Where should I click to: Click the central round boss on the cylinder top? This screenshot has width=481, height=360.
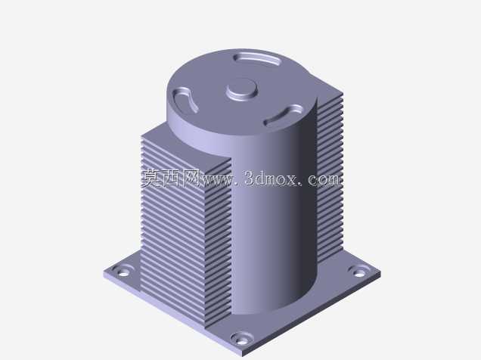[242, 89]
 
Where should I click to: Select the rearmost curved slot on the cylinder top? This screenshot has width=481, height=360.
[258, 58]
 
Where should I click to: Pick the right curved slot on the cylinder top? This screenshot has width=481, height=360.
[284, 115]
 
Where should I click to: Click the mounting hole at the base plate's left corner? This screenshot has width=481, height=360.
[123, 272]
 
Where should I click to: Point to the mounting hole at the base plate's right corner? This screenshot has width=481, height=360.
[358, 272]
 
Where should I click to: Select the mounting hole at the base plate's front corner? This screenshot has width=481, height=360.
[242, 339]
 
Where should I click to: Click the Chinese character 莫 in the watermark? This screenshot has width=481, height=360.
[151, 178]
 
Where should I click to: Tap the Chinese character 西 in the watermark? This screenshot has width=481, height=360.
[172, 178]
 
